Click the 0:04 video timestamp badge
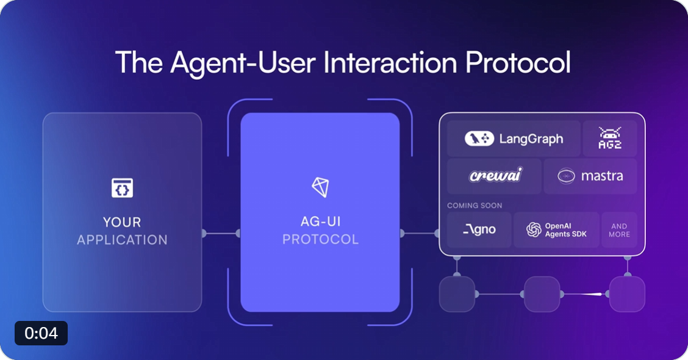(41, 333)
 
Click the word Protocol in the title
(518, 62)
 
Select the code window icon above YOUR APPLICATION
(123, 188)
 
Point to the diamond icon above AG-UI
(320, 187)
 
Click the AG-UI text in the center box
(320, 221)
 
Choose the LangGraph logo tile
(514, 139)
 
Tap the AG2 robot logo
(610, 138)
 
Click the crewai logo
(495, 175)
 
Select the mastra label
(602, 176)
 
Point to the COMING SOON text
(475, 206)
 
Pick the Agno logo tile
(479, 229)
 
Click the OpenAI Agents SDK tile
(556, 229)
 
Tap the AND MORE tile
(619, 229)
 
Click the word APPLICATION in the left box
(123, 240)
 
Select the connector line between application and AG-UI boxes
(221, 233)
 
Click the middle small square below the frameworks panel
(542, 294)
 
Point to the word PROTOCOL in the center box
(320, 239)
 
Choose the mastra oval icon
(566, 176)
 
